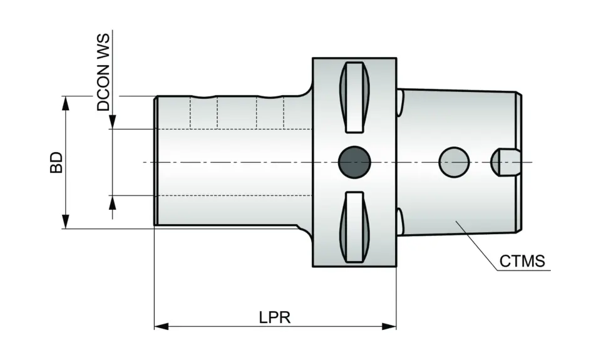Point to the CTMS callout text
tap(522, 260)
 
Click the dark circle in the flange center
tap(354, 162)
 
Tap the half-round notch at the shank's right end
tap(504, 162)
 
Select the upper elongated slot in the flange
tap(354, 97)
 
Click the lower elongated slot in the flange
tap(354, 227)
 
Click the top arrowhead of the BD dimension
tap(65, 104)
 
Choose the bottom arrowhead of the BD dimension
tap(65, 221)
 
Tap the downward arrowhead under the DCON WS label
tap(113, 123)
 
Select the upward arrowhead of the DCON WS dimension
tap(113, 202)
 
